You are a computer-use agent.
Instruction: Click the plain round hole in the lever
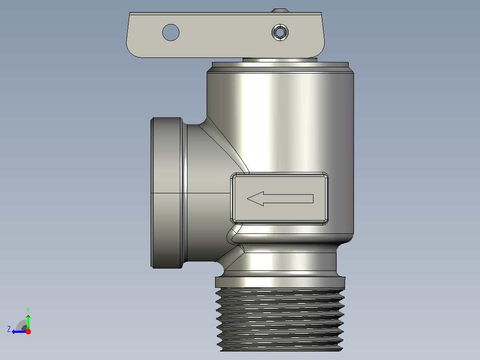(171, 32)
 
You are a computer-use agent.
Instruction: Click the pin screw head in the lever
(280, 32)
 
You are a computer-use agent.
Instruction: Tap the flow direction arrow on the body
(280, 199)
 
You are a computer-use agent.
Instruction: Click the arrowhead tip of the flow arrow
(248, 199)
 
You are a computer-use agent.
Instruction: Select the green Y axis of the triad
(28, 322)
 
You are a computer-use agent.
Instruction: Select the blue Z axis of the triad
(20, 331)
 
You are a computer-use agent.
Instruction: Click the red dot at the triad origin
(28, 331)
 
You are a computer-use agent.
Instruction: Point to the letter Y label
(28, 310)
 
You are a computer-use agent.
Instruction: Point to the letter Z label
(9, 329)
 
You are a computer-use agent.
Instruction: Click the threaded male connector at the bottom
(280, 319)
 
